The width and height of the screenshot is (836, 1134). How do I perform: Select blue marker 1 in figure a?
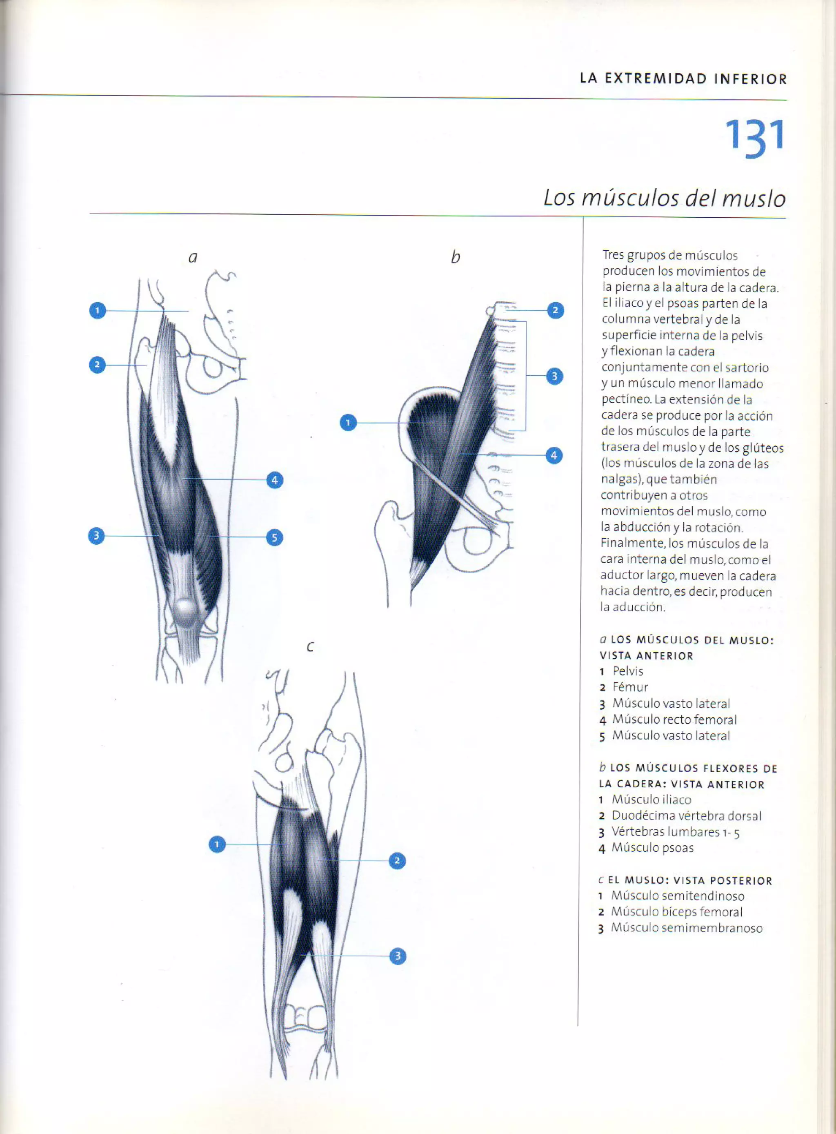(x=98, y=310)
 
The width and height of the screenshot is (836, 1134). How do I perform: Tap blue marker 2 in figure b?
(x=555, y=310)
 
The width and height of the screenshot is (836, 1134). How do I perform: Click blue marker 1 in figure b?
(x=348, y=422)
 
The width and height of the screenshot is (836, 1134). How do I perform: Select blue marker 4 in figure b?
(x=554, y=456)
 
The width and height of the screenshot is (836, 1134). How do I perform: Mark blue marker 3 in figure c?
(x=397, y=956)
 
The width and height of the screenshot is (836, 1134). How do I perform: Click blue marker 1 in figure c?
(x=217, y=844)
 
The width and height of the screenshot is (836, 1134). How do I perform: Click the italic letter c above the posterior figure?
(x=310, y=647)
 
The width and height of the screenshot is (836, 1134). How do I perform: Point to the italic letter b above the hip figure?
(x=456, y=257)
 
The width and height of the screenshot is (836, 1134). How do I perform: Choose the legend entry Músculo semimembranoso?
(x=686, y=927)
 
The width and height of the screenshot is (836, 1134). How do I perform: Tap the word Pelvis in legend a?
(x=627, y=671)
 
